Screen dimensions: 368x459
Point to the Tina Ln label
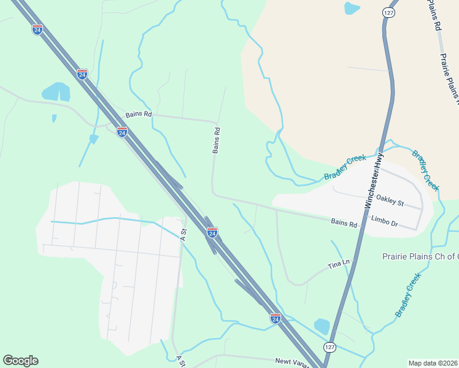[338, 264]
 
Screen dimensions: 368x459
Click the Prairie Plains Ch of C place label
[420, 256]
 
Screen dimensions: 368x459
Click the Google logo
[20, 361]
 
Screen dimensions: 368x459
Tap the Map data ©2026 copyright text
[433, 363]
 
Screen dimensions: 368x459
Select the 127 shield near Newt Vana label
[330, 347]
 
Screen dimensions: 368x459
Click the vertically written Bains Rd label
[216, 140]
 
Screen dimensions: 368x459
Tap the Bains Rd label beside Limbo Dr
[344, 224]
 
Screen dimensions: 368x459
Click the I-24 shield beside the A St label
[212, 232]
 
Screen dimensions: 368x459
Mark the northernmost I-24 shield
[37, 29]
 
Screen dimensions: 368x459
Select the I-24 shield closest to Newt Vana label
[276, 318]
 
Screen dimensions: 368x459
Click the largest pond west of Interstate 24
[55, 92]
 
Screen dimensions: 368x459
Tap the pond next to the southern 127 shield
[322, 326]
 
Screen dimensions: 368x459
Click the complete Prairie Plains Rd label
[449, 77]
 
